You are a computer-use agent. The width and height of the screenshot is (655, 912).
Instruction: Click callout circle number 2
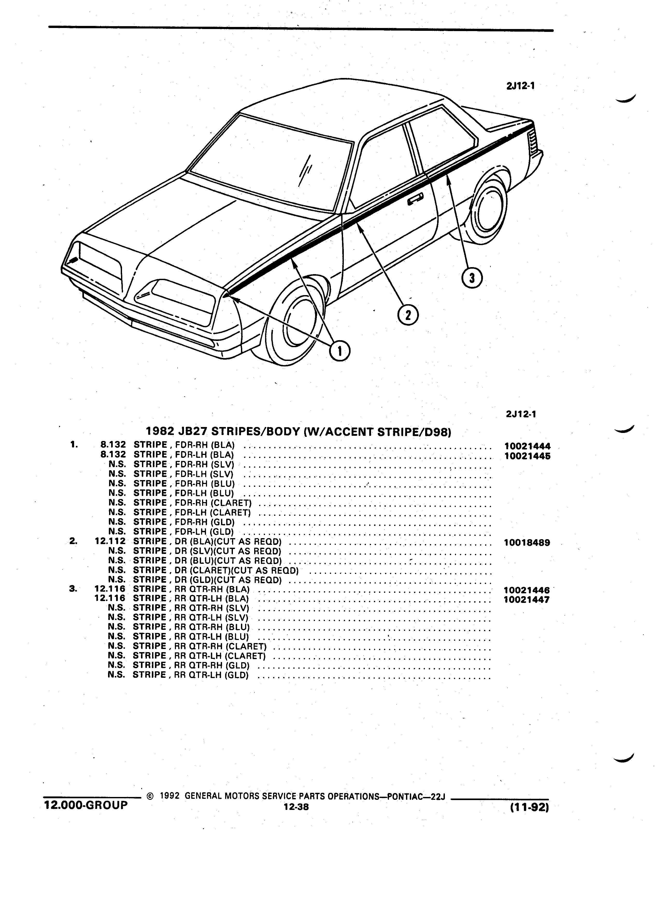tap(408, 315)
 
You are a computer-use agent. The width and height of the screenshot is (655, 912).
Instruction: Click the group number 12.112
tap(110, 541)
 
